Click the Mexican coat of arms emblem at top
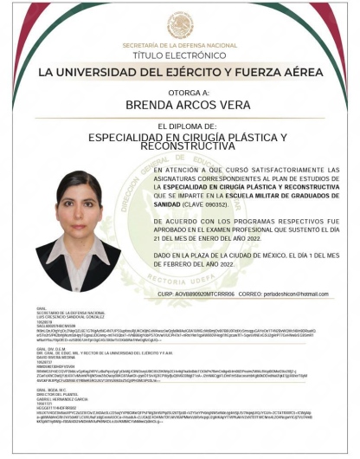point(180,25)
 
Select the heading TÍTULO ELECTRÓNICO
point(180,53)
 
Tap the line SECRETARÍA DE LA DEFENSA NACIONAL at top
point(180,44)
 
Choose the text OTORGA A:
point(180,91)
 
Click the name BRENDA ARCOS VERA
point(180,104)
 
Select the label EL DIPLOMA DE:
point(179,126)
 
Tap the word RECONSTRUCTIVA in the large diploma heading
point(180,147)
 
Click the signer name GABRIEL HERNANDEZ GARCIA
point(62,398)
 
